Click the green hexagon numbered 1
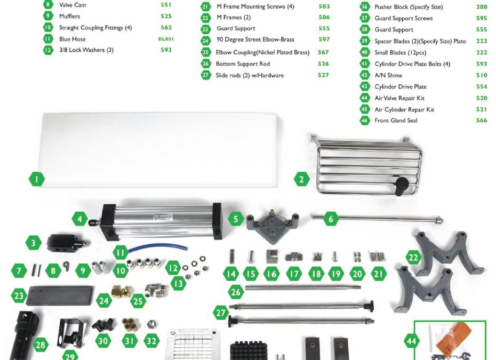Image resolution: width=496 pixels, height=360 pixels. point(37,179)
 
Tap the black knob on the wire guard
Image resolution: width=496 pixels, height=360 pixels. point(402,186)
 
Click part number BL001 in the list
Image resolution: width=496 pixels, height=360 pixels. point(166,39)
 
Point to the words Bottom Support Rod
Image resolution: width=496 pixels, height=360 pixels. point(243,63)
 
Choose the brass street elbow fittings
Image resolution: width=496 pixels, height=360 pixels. point(122,291)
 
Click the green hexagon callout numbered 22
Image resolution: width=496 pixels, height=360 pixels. point(413,258)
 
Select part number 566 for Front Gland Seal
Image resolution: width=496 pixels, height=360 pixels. point(482,120)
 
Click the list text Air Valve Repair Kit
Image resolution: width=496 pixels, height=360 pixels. point(399,98)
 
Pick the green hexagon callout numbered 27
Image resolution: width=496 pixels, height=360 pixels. point(220,313)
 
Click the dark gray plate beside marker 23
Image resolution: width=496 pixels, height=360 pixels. point(60,295)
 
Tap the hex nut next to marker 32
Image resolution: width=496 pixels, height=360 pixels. point(152,324)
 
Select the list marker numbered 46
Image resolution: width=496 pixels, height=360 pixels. point(365,120)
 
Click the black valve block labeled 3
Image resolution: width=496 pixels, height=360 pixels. point(66,243)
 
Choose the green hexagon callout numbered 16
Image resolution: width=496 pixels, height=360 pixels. point(271,274)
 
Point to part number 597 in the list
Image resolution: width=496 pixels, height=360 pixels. point(324,39)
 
